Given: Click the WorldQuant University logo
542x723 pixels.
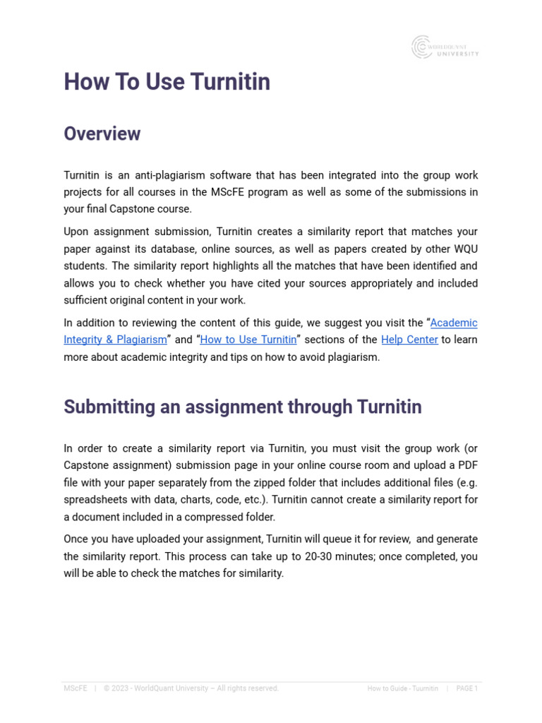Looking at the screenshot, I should [445, 47].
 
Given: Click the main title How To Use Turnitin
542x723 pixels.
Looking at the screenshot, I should [167, 82].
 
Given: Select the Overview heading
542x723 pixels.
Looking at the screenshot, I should [102, 133].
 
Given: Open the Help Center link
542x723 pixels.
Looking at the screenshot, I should [409, 340].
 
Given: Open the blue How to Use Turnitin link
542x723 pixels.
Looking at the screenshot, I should [248, 340].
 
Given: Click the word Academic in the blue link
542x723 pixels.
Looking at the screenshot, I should [454, 323].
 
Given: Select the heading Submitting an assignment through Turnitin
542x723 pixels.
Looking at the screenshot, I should [243, 407].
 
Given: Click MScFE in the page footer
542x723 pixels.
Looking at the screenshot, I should [76, 688].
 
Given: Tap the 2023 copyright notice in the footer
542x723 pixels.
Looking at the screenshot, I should [191, 688].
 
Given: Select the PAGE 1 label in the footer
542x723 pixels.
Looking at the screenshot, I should [466, 688].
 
